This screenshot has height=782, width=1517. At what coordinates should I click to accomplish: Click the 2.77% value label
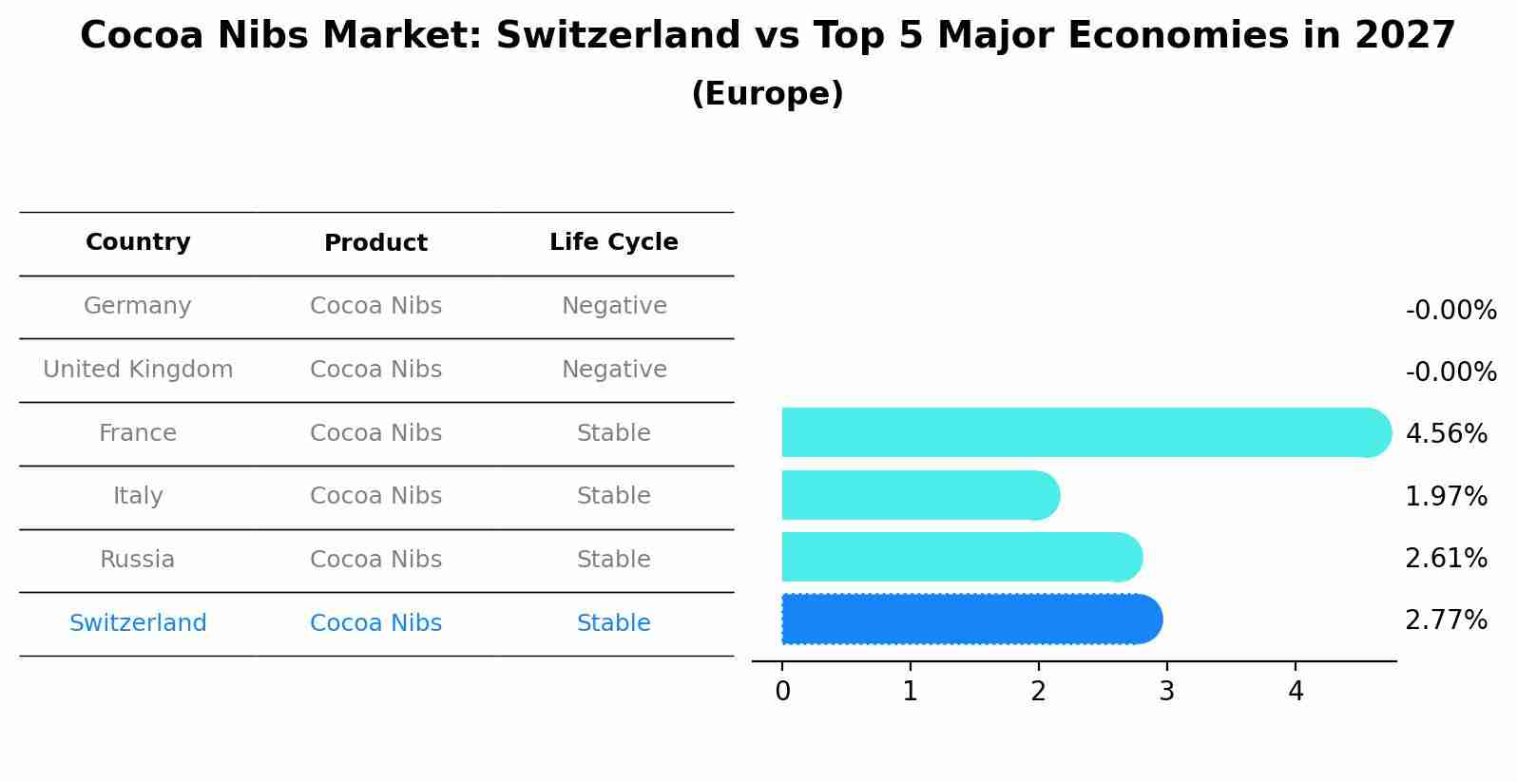coord(1445,620)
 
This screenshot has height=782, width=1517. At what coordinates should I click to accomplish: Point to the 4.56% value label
coord(1445,433)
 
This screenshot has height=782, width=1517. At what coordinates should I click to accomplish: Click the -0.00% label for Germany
coord(1450,311)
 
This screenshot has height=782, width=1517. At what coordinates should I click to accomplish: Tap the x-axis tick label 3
coord(1166,692)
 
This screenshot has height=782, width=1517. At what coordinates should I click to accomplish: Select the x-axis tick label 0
coord(782,692)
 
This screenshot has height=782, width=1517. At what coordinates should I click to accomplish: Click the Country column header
coord(138,242)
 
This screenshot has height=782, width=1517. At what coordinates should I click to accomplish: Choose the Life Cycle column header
coord(613,242)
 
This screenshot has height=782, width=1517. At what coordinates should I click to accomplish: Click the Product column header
coord(375,243)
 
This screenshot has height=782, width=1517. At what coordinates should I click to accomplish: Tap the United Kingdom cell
coord(138,370)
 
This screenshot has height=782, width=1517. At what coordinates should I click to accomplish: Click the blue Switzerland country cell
coord(138,623)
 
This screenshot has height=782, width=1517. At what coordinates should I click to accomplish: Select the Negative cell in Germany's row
coord(613,306)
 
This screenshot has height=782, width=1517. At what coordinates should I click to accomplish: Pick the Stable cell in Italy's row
coord(613,496)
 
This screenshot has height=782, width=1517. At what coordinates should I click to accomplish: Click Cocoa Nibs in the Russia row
coord(375,560)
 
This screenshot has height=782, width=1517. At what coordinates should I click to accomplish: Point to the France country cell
coord(138,433)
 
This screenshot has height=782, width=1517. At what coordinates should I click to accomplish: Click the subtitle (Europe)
coord(767,94)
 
